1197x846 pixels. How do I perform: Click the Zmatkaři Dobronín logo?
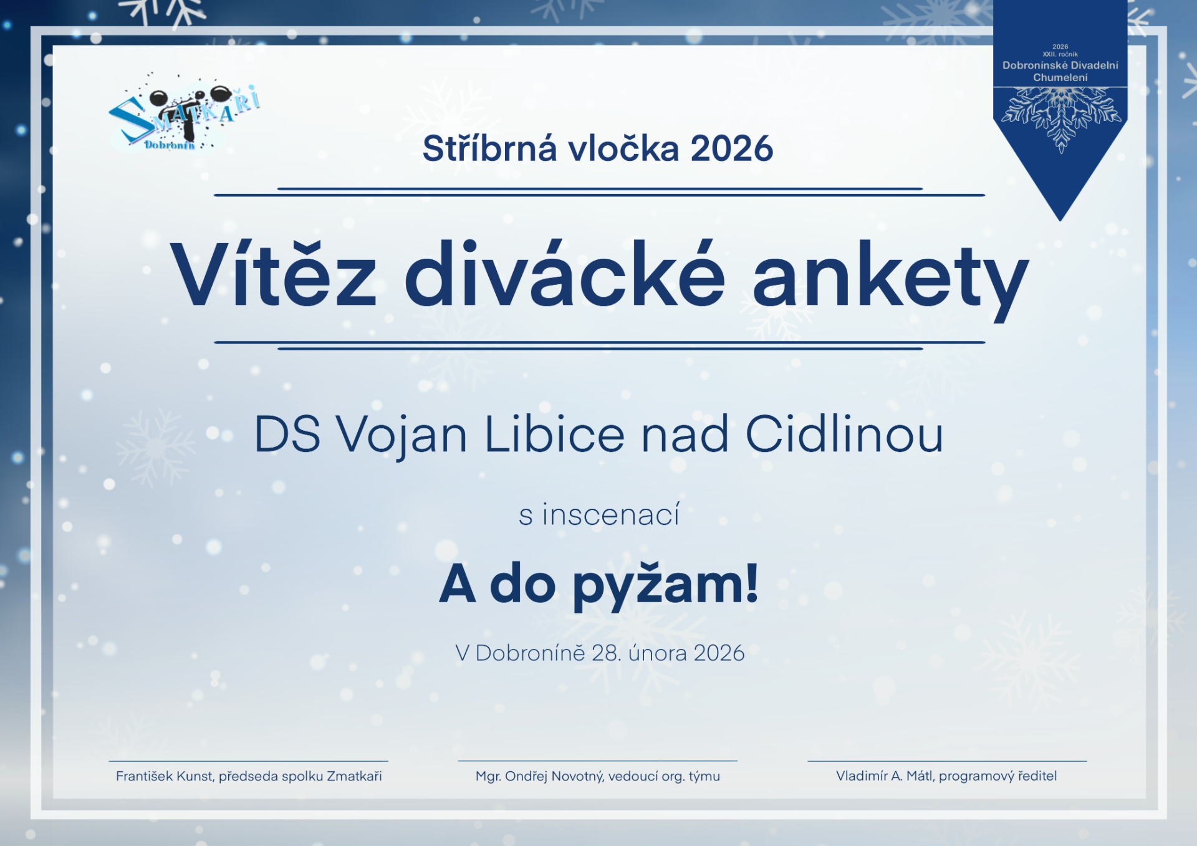click(x=184, y=115)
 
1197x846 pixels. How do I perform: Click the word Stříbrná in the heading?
click(x=489, y=149)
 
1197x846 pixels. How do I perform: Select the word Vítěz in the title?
click(x=273, y=274)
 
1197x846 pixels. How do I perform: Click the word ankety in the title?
click(x=890, y=281)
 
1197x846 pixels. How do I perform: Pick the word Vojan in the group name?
click(x=402, y=435)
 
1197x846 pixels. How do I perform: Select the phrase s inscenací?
click(x=599, y=514)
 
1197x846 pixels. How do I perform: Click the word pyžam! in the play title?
click(x=666, y=585)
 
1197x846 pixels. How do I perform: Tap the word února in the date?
click(x=658, y=653)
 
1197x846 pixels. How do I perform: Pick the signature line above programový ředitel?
click(x=947, y=761)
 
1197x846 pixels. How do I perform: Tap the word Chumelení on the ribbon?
click(x=1060, y=77)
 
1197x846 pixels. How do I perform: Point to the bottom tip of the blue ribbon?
click(x=1060, y=221)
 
